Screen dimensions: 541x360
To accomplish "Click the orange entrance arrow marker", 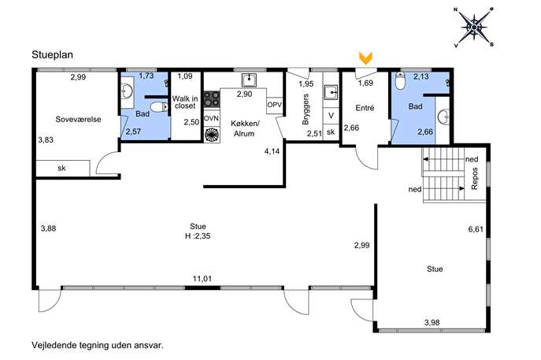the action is pos(365,58).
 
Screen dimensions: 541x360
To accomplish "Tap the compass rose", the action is pos(474,28).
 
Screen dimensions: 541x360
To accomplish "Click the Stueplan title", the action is pos(53,55).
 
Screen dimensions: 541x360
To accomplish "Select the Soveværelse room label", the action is pos(78,120).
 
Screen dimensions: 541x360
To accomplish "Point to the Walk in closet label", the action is pos(185,102).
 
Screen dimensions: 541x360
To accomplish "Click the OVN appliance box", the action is pos(211,118).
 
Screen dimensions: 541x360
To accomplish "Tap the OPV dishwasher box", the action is pos(275,105).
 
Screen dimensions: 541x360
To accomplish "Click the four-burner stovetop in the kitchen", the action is pos(212,98).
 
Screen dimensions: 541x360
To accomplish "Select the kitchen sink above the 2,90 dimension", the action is pos(249,80).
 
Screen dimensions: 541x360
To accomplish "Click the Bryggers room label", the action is pos(306,109).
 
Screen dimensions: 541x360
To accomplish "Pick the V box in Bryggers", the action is pos(331,116).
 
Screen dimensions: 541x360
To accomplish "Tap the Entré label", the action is pos(365,108).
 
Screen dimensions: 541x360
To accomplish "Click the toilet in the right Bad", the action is pos(400,81).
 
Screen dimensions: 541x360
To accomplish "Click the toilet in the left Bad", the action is pos(160,107).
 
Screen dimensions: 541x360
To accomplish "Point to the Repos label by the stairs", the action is pos(474,179).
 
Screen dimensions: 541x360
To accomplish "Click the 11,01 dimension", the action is pos(202,279).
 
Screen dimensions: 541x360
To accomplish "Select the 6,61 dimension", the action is pos(476,229).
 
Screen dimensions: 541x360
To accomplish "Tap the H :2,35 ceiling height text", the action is pos(198,236).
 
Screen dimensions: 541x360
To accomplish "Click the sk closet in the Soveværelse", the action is pos(63,168).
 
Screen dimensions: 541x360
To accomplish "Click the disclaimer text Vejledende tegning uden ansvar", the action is pos(98,345).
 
